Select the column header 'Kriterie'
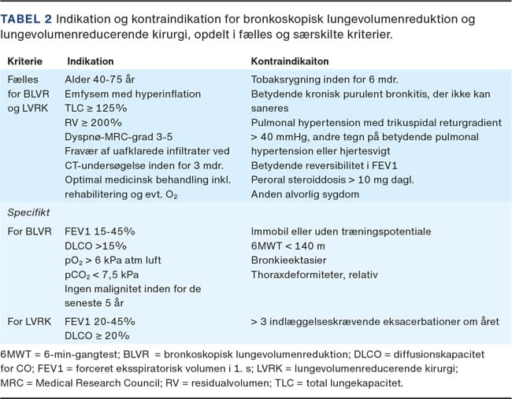(25, 61)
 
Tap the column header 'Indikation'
(90, 61)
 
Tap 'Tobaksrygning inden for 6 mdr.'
(324, 79)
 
